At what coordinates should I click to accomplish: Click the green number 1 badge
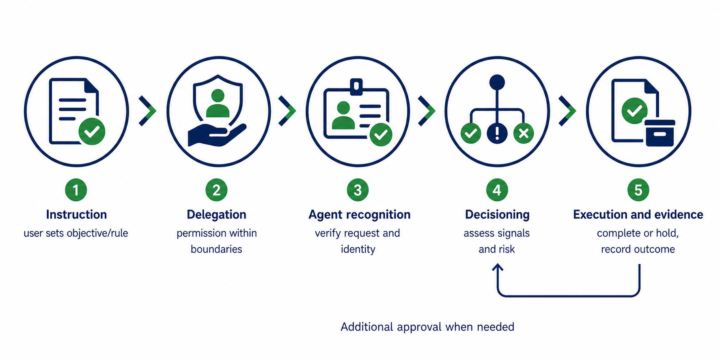(76, 190)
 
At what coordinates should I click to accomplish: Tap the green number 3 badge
(358, 190)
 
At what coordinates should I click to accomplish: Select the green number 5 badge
(638, 190)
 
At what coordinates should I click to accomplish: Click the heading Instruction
(76, 214)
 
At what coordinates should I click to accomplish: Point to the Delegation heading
(216, 214)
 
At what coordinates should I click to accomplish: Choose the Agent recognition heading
(359, 215)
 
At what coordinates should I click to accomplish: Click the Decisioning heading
(497, 215)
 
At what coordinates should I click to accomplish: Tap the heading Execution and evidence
(638, 214)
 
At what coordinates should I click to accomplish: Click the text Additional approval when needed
(427, 327)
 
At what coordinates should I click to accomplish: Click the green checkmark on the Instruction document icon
(92, 131)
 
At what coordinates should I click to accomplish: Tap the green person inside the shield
(218, 103)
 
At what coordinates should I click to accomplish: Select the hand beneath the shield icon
(217, 135)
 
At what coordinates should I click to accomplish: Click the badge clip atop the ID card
(356, 86)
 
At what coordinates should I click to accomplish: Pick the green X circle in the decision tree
(524, 133)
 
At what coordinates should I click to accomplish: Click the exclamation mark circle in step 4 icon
(497, 133)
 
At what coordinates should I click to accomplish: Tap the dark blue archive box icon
(660, 133)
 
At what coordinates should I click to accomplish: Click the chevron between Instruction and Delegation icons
(147, 111)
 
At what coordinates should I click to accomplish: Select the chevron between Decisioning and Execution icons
(567, 111)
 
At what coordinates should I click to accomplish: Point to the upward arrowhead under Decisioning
(498, 267)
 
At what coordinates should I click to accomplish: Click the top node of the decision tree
(497, 82)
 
